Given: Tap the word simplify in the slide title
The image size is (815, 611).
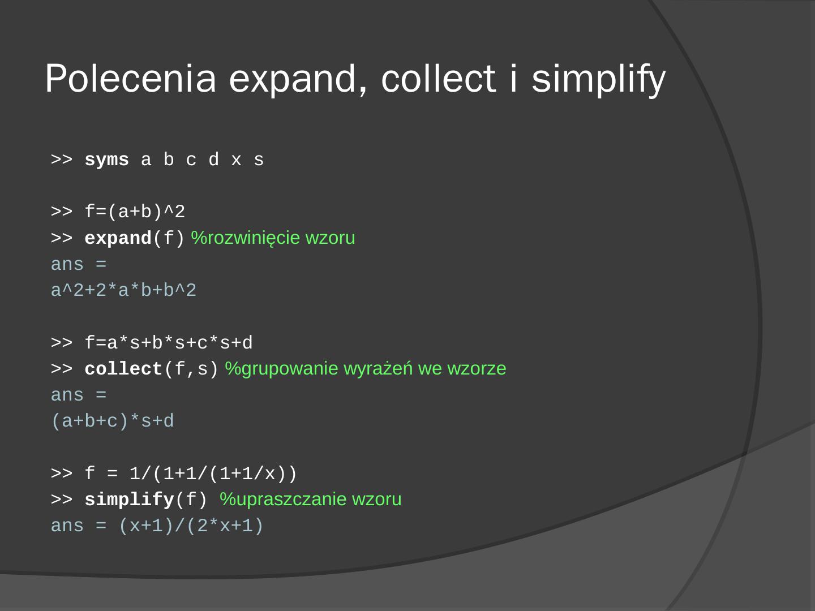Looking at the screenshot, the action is (598, 79).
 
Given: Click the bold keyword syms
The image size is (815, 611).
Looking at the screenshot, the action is (106, 160).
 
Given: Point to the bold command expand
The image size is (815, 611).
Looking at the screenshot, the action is (118, 239).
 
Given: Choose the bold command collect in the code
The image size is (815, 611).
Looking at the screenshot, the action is (123, 369).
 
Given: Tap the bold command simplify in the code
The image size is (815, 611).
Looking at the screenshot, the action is (129, 500).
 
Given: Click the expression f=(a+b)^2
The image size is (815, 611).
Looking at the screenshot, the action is (135, 212).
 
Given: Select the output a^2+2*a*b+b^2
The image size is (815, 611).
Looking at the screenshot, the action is (123, 291).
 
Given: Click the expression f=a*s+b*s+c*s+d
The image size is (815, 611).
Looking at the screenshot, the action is (169, 343).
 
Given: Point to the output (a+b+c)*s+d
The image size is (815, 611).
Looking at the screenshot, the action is (112, 421).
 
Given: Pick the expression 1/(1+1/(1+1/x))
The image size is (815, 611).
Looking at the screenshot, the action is (213, 474).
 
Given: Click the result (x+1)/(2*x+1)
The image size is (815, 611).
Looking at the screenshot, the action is (191, 526).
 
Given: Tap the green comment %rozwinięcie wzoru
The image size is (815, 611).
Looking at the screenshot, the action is (273, 238).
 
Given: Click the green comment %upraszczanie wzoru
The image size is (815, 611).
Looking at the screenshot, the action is (311, 500).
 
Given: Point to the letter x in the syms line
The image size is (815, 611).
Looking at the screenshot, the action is (236, 160).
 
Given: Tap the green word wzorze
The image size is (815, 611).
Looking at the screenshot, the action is (477, 369).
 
